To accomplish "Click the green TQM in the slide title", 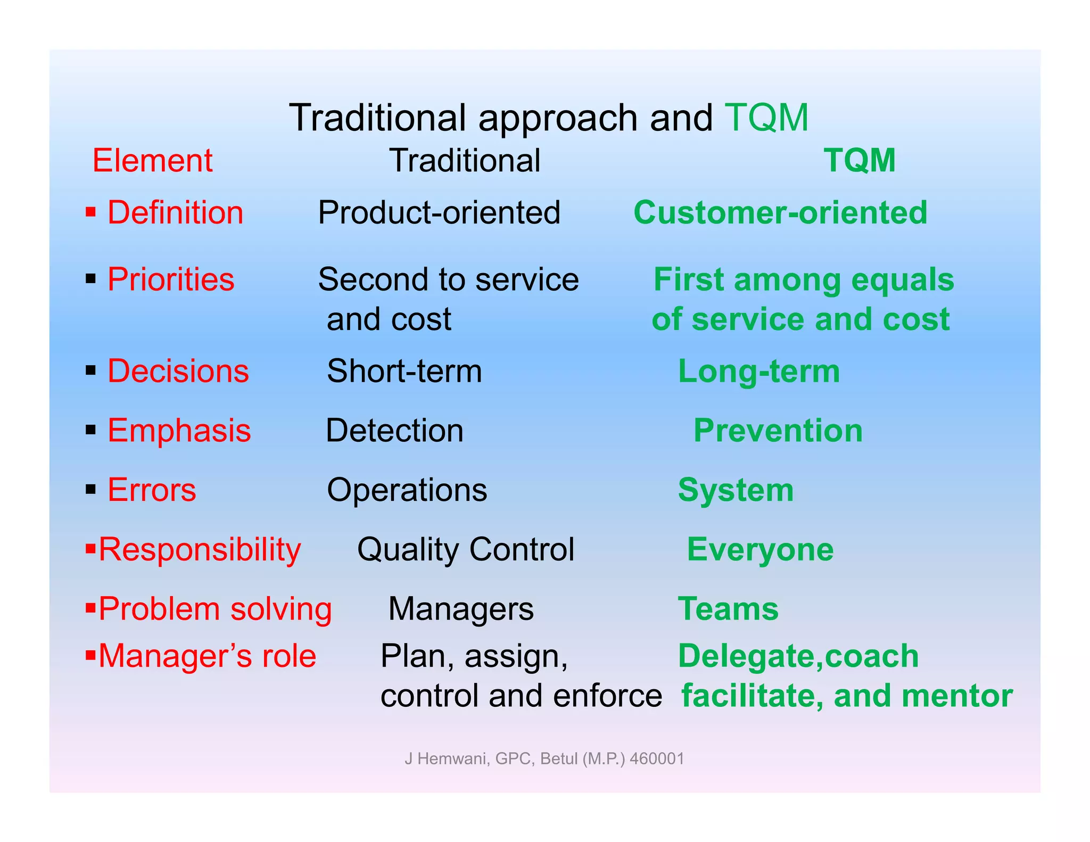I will [766, 118].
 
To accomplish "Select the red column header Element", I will [152, 161].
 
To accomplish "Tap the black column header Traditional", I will [465, 161].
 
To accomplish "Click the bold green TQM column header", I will [860, 161].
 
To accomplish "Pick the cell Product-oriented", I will [439, 213].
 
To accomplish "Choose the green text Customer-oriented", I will [780, 213].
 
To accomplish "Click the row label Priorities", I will [170, 280].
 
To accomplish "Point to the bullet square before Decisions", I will [90, 370].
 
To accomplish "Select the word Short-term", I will [404, 372].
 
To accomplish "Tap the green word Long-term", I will [759, 372].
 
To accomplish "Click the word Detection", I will [394, 431].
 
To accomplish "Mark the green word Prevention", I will [778, 431].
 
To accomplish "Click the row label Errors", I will [152, 490].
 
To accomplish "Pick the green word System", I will [736, 490].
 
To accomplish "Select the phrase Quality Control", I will [466, 550].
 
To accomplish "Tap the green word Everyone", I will [760, 550].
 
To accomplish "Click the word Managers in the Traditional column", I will [461, 609].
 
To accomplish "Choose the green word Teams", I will [728, 609].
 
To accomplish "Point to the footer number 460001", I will [657, 758].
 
